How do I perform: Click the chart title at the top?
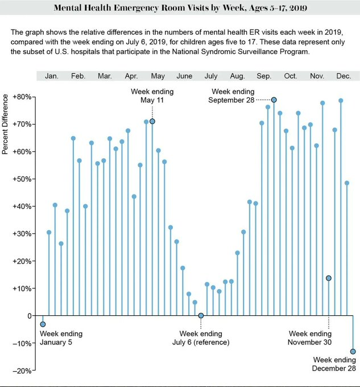pyautogui.click(x=180, y=9)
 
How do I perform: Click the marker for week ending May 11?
pyautogui.click(x=152, y=121)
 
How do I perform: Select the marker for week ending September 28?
pyautogui.click(x=274, y=100)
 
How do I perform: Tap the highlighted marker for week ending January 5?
pyautogui.click(x=43, y=324)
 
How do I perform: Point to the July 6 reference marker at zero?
pyautogui.click(x=201, y=315)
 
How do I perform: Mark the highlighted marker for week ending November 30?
pyautogui.click(x=329, y=278)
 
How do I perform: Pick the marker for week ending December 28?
pyautogui.click(x=353, y=351)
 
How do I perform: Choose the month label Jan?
pyautogui.click(x=52, y=76)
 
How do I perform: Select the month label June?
pyautogui.click(x=184, y=76)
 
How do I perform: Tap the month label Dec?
pyautogui.click(x=344, y=76)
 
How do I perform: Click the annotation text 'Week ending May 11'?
pyautogui.click(x=152, y=96)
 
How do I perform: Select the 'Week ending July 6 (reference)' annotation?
pyautogui.click(x=200, y=338)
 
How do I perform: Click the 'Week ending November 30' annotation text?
pyautogui.click(x=310, y=338)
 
